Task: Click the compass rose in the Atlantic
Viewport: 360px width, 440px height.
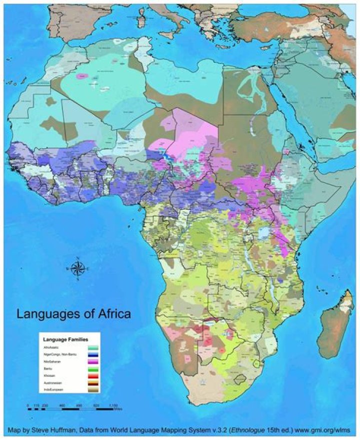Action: [77, 269]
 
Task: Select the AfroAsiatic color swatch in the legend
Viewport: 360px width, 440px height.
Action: [93, 347]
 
